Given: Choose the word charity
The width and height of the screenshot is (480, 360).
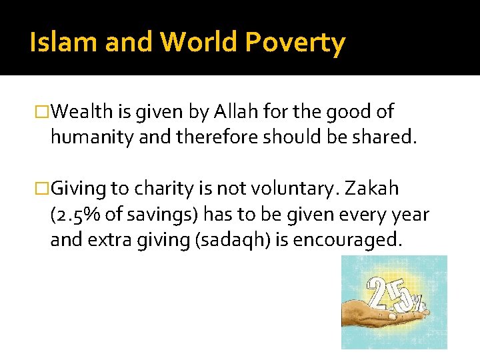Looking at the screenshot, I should pos(165,189).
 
